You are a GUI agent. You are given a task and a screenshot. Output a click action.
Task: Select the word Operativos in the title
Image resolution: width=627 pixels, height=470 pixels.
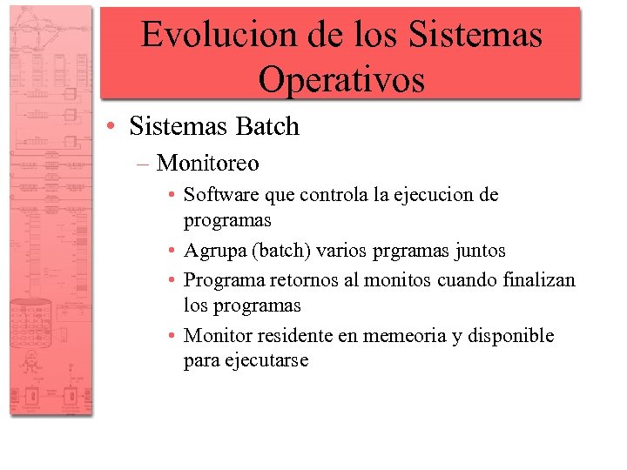pos(341,79)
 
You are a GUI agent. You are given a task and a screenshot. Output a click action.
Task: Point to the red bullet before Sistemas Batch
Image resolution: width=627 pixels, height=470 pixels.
pos(114,127)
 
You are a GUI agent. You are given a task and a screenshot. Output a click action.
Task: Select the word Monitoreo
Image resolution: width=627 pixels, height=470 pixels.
pos(208,163)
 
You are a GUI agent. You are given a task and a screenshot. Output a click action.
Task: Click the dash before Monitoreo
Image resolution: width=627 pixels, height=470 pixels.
pos(144,164)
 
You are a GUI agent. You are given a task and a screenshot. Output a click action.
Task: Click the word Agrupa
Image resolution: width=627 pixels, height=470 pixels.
pos(213,251)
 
